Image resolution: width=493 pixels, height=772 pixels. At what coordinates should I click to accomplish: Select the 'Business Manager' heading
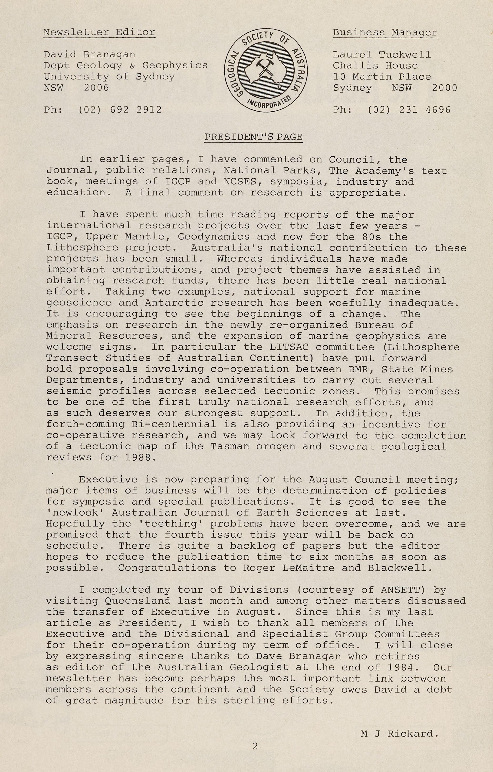pyautogui.click(x=385, y=32)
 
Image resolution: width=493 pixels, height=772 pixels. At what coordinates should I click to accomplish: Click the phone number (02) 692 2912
pyautogui.click(x=120, y=110)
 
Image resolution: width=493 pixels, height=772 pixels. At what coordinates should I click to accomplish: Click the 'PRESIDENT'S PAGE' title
pyautogui.click(x=254, y=137)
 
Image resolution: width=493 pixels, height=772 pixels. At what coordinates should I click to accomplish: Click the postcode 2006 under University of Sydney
pyautogui.click(x=96, y=88)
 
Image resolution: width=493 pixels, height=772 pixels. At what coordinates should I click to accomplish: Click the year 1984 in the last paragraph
pyautogui.click(x=400, y=668)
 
